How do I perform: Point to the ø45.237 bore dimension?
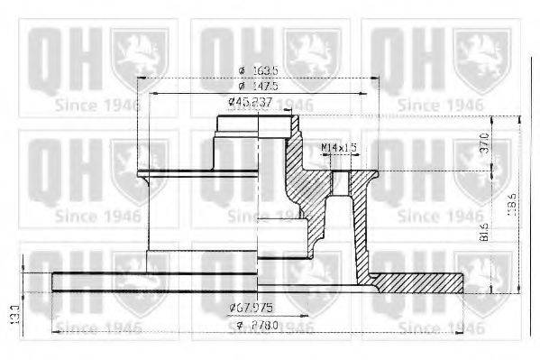coord(250,101)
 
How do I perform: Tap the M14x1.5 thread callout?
coord(338,146)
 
